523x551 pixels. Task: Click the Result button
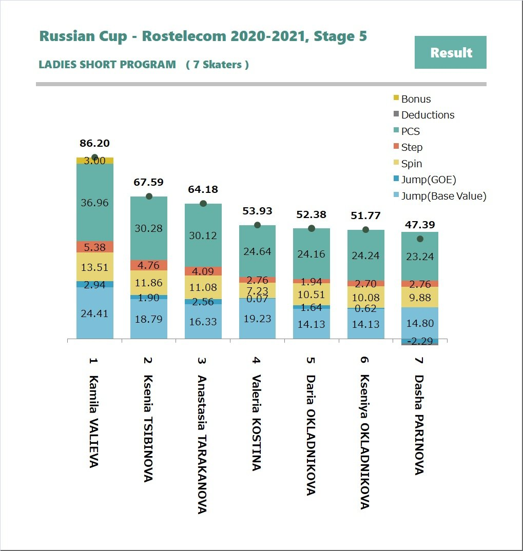point(450,52)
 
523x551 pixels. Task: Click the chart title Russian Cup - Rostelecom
point(203,36)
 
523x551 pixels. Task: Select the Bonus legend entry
point(415,99)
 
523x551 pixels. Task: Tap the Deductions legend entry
point(427,115)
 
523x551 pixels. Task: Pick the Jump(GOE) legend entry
point(428,180)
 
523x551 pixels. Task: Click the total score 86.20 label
point(95,144)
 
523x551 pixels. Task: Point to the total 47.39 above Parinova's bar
point(420,224)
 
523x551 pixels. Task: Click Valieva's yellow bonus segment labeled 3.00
point(95,161)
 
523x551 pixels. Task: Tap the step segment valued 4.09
point(203,271)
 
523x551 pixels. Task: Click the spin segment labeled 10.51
point(312,294)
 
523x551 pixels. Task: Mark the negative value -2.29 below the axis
point(420,341)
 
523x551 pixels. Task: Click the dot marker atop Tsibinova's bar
point(149,196)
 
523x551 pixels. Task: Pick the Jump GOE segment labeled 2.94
point(95,284)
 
